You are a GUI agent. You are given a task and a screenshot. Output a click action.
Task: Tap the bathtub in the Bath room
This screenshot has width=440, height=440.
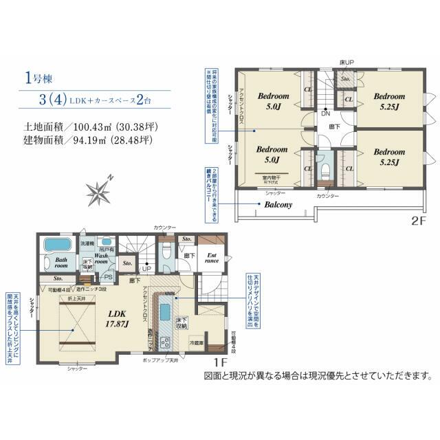(57, 245)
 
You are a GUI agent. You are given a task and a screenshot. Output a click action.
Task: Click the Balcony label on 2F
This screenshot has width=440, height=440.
(276, 204)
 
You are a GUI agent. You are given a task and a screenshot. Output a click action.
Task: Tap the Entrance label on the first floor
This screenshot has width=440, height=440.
(212, 259)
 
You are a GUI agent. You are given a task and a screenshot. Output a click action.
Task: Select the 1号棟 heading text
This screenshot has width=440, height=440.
(36, 77)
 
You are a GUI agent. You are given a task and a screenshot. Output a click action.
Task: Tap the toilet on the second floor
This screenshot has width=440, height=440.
(325, 167)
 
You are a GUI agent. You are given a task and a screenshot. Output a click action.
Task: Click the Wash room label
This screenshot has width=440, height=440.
(100, 258)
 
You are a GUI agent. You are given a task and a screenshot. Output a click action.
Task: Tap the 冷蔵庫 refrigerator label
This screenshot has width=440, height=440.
(197, 342)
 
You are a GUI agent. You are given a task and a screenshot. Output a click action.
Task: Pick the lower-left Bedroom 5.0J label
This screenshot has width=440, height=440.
(272, 154)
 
